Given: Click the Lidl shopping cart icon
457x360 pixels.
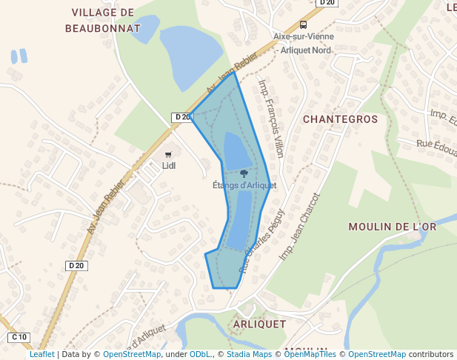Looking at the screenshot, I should point(168,154).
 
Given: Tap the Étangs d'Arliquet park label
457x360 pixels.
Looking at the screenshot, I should point(244,185).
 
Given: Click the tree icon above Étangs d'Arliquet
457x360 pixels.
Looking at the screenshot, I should point(244,173).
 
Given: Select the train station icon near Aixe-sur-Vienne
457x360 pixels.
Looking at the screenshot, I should point(304,24).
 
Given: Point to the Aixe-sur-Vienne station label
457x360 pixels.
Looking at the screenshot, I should point(304,36).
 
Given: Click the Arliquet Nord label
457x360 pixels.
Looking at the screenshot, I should point(307,50).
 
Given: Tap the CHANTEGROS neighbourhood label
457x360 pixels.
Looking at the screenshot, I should point(341,119).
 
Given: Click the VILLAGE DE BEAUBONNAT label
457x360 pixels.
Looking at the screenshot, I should point(103,20).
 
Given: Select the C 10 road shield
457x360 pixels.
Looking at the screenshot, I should point(19,337).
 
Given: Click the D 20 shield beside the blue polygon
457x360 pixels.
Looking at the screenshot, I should point(181,117).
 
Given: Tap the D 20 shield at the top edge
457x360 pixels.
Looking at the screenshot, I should point(327,3).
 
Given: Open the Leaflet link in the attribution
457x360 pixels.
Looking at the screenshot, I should point(42,354).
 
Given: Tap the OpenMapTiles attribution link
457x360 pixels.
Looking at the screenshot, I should point(313,354).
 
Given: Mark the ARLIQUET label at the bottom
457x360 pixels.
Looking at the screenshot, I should point(259,324).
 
